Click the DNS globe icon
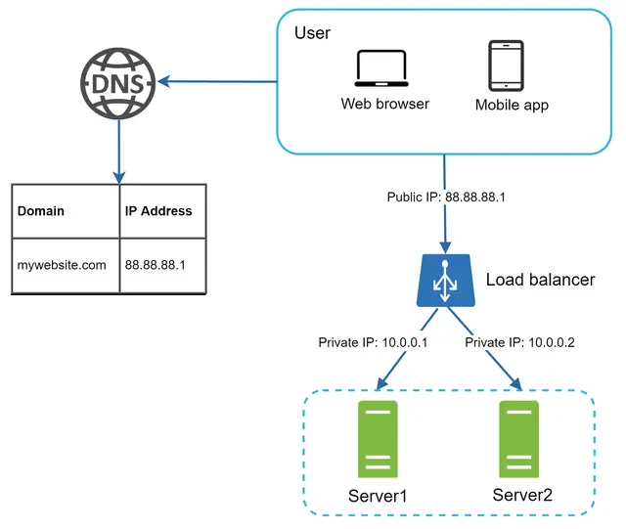(118, 81)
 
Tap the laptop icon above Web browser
(384, 68)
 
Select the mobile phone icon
(506, 66)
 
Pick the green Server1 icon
(378, 438)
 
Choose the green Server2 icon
(520, 438)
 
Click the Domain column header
(41, 210)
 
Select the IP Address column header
(158, 210)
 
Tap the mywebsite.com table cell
(62, 264)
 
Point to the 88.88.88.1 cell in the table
(155, 264)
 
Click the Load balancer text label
(540, 281)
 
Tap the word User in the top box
(312, 33)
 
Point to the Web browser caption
(384, 104)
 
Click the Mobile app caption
(513, 105)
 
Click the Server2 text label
(522, 496)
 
